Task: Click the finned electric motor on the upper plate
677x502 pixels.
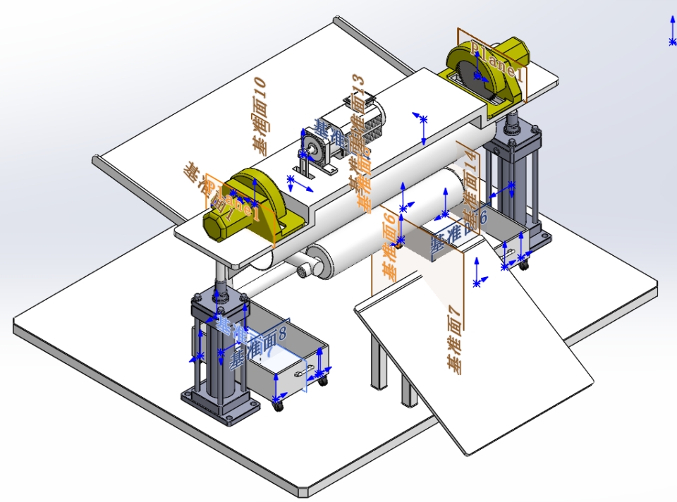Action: pyautogui.click(x=353, y=127)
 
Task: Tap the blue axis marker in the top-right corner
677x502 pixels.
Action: pyautogui.click(x=672, y=32)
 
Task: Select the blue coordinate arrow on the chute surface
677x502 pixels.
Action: pyautogui.click(x=477, y=271)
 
